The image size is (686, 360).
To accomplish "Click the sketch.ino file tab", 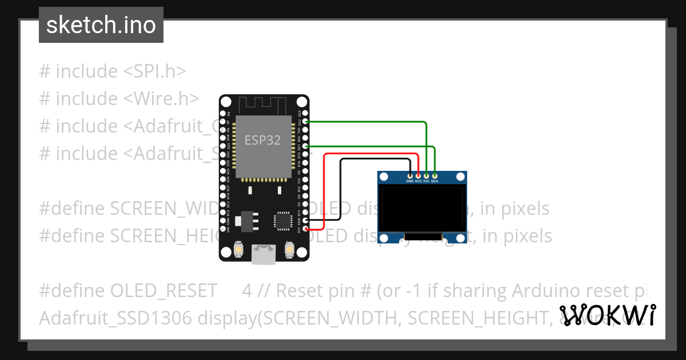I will (x=101, y=25).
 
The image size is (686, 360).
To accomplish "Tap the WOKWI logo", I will (x=607, y=315).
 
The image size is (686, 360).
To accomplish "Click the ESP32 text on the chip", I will (x=262, y=140).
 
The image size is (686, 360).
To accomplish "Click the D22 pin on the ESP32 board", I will (x=305, y=122).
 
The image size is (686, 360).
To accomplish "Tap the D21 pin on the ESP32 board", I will (x=305, y=147).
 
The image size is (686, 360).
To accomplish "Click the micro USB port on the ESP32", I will (x=264, y=255).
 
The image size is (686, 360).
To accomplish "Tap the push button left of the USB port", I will (x=238, y=250).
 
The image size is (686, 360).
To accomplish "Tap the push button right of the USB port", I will (x=289, y=250).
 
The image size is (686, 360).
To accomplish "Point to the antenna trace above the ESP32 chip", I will (x=262, y=106).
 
